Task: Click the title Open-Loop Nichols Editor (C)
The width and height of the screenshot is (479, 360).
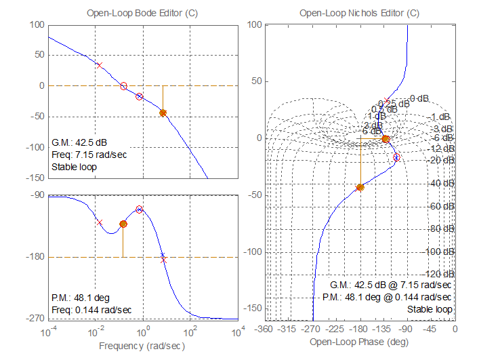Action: tap(359, 13)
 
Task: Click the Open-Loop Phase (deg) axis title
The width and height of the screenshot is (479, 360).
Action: tap(359, 343)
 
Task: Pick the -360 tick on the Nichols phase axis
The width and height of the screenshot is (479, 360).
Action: tap(266, 329)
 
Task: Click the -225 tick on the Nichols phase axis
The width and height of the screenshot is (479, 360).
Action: tap(336, 329)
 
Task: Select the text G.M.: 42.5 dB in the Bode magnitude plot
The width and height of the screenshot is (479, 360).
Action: tap(79, 142)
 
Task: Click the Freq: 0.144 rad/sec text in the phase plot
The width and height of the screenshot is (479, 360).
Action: tap(91, 310)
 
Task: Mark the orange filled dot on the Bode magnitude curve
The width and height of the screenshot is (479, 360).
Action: tap(163, 113)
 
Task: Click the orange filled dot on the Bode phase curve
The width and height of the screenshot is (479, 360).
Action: tap(123, 224)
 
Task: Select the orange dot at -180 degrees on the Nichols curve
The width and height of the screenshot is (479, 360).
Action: tap(360, 187)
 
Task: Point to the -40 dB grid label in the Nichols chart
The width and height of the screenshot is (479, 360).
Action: tap(442, 183)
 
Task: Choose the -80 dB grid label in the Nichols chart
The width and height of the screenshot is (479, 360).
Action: tap(442, 228)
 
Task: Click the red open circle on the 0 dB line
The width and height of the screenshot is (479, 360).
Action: tap(123, 86)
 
